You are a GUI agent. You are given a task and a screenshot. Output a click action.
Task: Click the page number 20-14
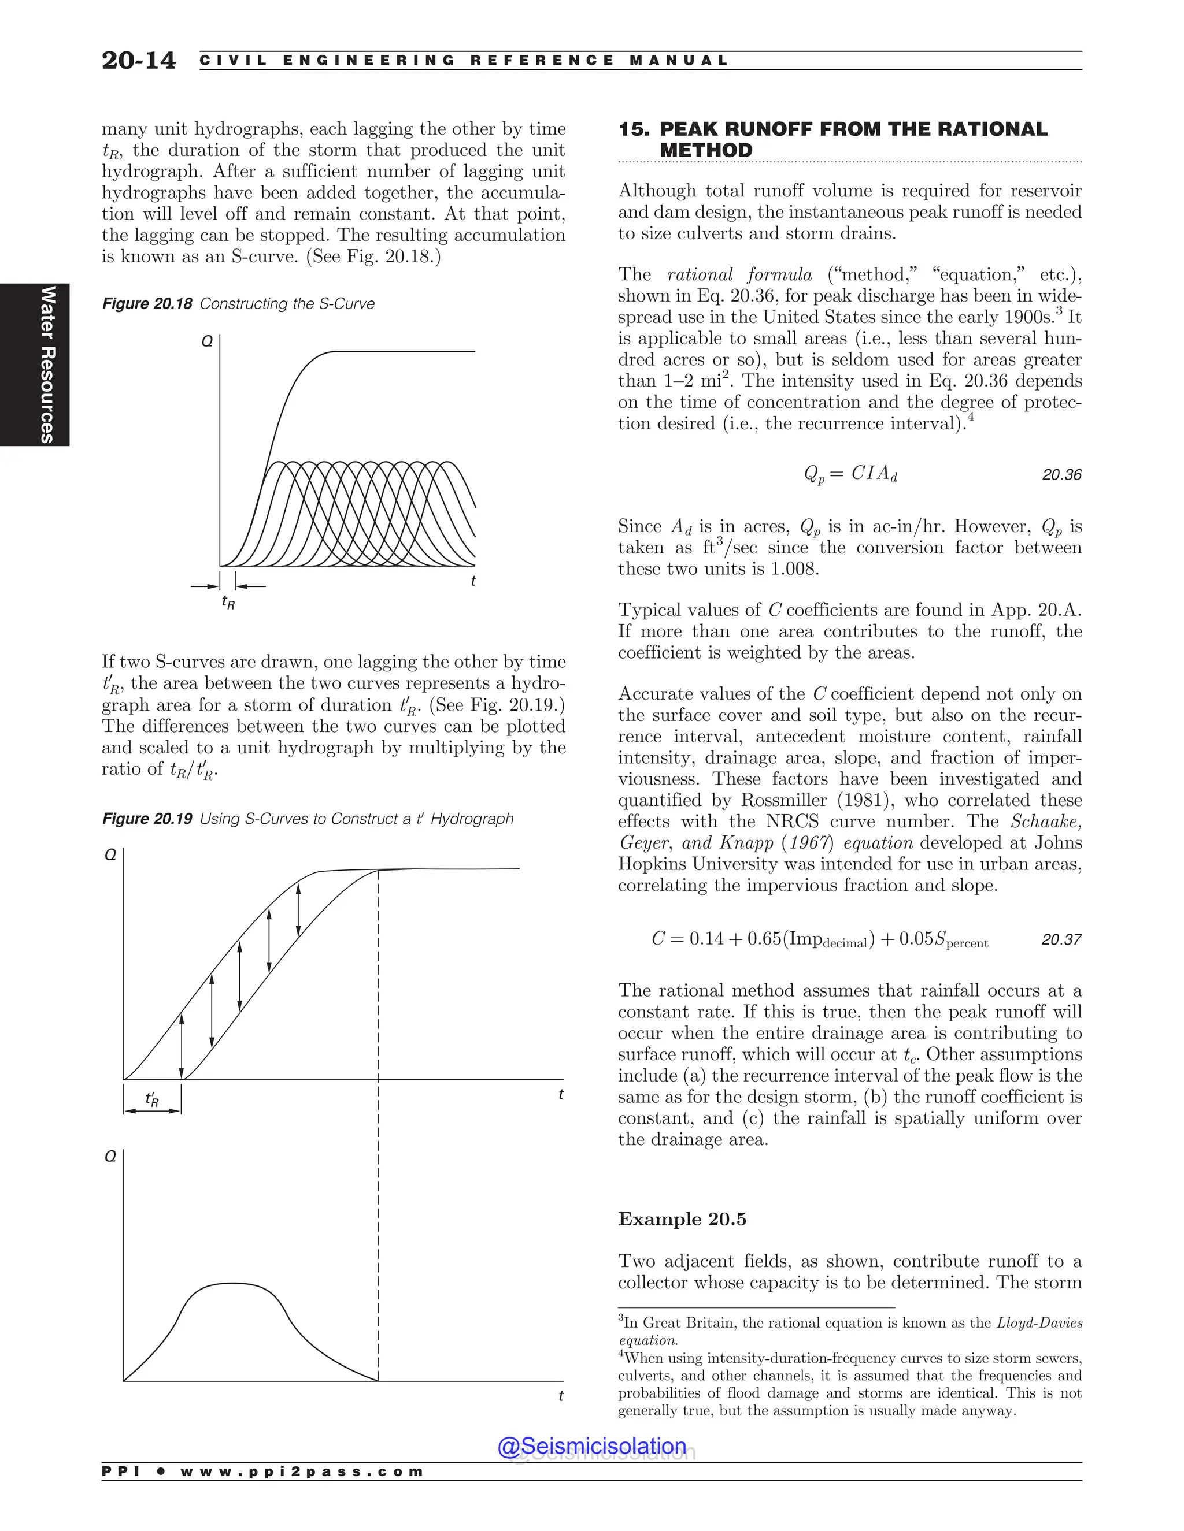point(138,60)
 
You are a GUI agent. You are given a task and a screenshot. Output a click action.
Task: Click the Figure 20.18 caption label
point(147,303)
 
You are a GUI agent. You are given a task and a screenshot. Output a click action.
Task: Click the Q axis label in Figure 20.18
point(207,342)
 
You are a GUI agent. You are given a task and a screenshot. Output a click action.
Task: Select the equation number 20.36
point(1061,474)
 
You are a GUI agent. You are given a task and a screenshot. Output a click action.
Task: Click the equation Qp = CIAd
point(850,474)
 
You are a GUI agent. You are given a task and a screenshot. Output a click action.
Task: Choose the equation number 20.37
point(1061,939)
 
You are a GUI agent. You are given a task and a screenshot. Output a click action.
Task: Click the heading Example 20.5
point(682,1219)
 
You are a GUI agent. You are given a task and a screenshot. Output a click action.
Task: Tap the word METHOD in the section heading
point(706,151)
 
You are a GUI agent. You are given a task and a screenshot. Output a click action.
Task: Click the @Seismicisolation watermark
point(591,1446)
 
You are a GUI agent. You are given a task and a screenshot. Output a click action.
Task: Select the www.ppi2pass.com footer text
point(302,1471)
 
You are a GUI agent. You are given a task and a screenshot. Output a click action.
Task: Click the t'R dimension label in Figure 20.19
point(152,1099)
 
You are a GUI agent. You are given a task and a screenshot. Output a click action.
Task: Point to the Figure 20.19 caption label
point(147,819)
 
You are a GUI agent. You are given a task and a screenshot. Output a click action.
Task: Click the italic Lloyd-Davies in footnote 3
point(1039,1323)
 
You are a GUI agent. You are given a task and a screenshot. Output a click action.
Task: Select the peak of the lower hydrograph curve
point(231,1283)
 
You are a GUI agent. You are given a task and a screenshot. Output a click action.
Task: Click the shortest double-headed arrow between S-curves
point(298,910)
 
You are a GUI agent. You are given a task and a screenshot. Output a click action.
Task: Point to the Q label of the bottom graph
point(110,1156)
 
